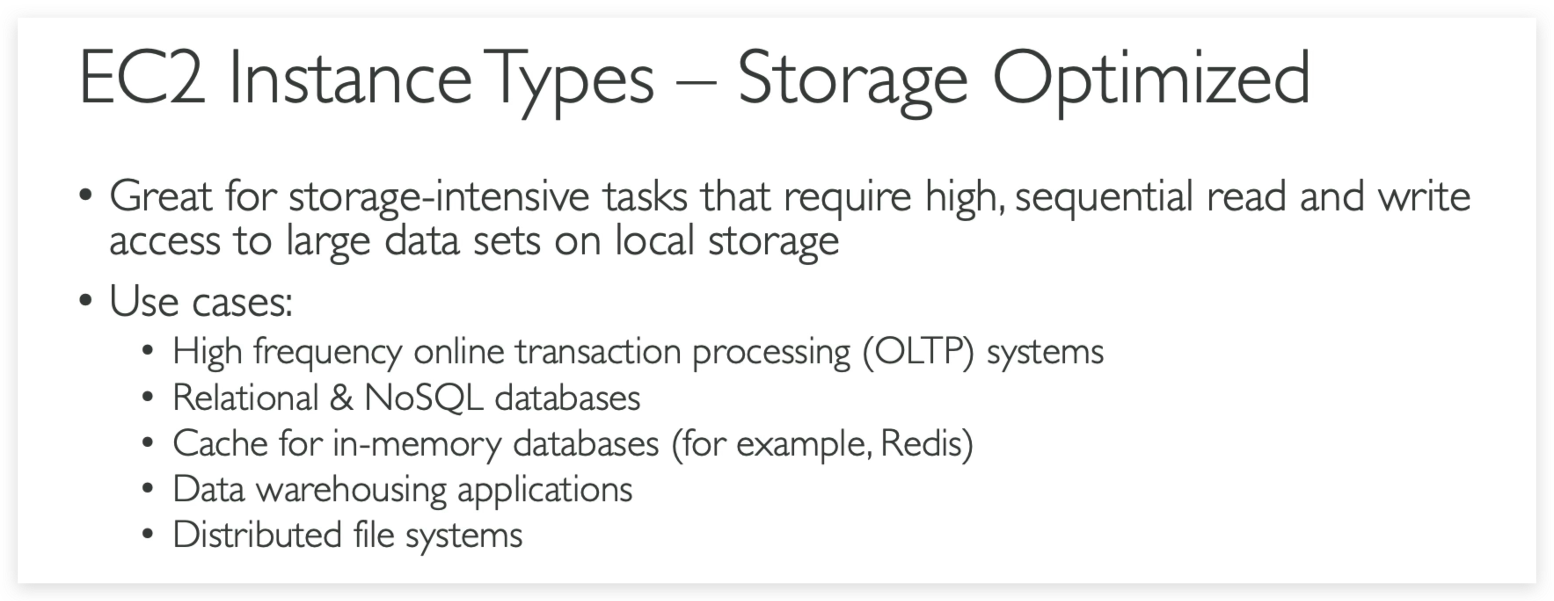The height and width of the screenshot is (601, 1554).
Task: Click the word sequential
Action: tap(1104, 198)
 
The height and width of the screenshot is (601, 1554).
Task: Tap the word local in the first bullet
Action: tap(655, 240)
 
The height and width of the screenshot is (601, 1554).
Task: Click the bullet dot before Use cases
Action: tap(86, 300)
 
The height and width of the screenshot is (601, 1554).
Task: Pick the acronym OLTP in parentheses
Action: tap(918, 351)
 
